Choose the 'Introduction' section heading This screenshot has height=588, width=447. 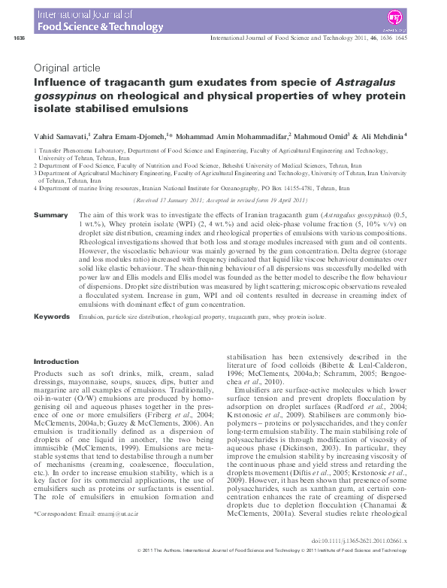[x=56, y=361]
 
